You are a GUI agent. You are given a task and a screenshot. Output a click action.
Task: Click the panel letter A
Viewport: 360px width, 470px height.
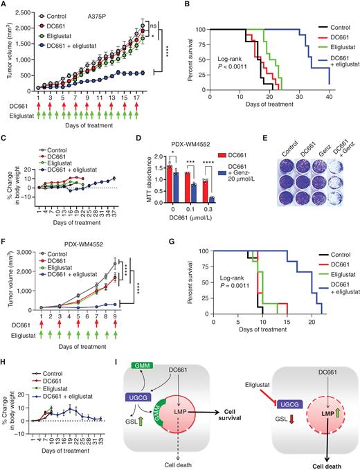pyautogui.click(x=5, y=6)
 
